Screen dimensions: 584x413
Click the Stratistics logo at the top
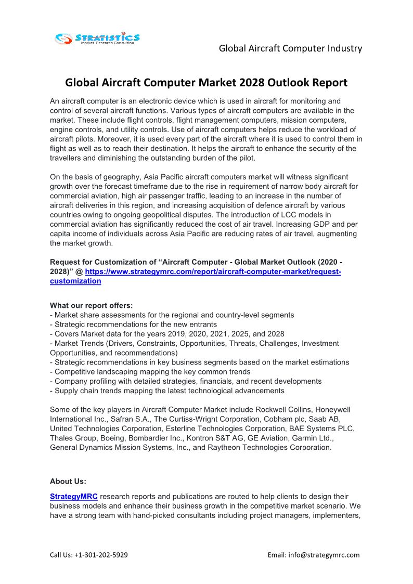pos(97,38)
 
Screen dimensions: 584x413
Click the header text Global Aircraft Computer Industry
pos(290,48)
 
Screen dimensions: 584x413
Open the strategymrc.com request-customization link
pos(213,272)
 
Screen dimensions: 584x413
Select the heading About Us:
pos(68,481)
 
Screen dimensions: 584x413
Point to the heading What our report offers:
pos(91,305)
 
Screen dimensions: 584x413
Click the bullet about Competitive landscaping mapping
pos(152,371)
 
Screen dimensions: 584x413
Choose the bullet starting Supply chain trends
pos(169,390)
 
